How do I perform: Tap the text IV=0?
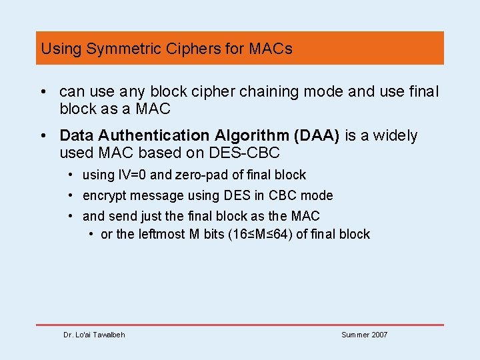(x=128, y=175)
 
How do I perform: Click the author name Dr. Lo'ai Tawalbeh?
(x=94, y=335)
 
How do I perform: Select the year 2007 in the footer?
(x=377, y=335)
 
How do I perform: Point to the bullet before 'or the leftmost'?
(x=91, y=234)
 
